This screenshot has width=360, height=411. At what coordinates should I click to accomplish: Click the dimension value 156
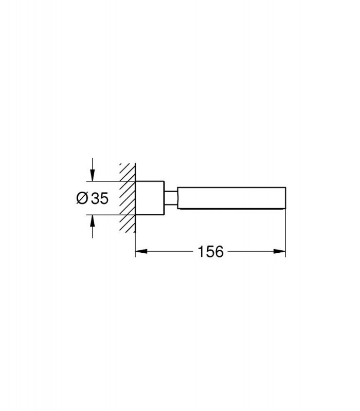point(210,252)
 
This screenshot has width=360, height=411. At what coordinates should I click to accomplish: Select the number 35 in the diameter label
point(99,198)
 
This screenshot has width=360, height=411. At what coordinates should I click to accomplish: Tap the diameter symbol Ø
point(82,198)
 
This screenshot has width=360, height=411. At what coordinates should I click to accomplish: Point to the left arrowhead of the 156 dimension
point(141,251)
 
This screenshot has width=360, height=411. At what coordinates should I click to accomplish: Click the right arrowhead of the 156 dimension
point(279,251)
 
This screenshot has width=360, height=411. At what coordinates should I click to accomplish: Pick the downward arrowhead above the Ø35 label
point(92,175)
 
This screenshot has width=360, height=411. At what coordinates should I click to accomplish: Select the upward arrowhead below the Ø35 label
point(92,221)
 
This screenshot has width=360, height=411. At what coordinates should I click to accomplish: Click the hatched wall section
point(128,198)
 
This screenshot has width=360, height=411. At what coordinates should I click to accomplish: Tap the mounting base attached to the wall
point(150,198)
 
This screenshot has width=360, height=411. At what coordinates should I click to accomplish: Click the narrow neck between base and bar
point(171,198)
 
